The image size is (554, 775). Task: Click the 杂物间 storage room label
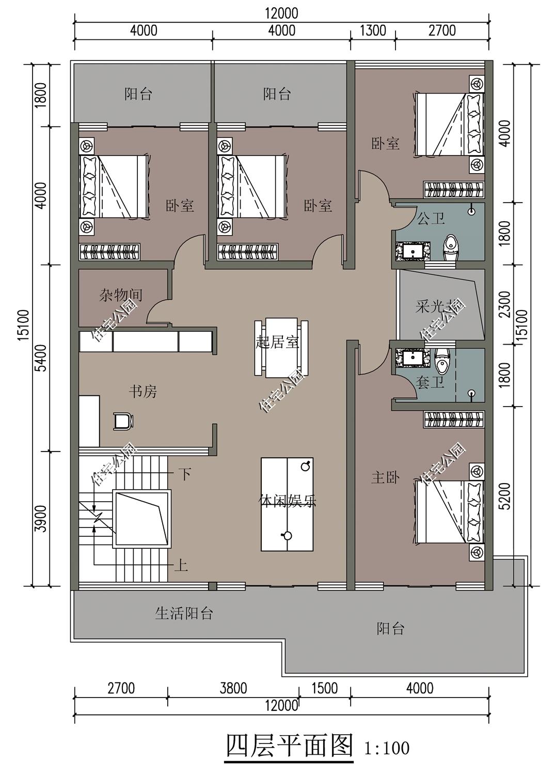[120, 295]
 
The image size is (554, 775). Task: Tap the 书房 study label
[143, 392]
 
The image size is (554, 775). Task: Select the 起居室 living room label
[277, 342]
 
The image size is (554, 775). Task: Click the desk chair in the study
[123, 421]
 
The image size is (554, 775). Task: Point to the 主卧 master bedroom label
[385, 477]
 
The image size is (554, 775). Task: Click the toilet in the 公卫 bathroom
[451, 248]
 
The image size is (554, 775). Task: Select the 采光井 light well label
[437, 306]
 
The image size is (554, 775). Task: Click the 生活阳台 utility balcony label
[184, 613]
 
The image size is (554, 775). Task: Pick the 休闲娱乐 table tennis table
[287, 504]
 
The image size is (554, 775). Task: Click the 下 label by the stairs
[184, 473]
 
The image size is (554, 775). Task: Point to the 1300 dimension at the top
[373, 30]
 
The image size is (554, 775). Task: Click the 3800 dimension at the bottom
[233, 688]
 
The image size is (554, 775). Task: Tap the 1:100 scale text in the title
[386, 748]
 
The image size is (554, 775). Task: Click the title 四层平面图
[289, 745]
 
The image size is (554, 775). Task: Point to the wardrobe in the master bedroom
[454, 420]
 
